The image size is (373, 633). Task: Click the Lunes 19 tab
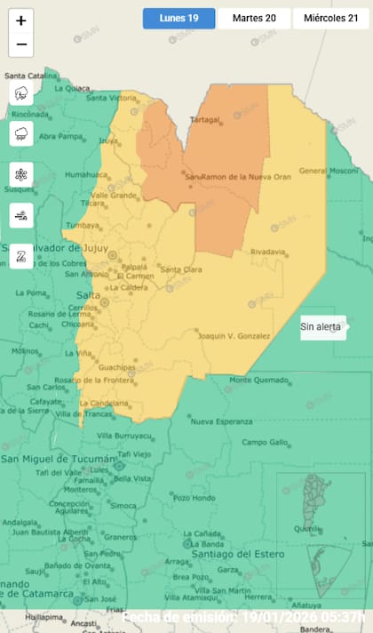(179, 18)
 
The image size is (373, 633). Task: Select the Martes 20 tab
(253, 18)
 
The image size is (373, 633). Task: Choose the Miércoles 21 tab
(329, 18)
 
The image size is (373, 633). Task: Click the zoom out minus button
(21, 44)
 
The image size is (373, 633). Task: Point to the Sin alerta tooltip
(321, 327)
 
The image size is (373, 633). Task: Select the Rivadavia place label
(268, 252)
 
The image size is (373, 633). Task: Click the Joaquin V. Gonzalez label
(233, 335)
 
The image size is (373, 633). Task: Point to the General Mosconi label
(327, 170)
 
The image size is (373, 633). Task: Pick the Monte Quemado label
(258, 381)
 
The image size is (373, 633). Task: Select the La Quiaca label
(72, 87)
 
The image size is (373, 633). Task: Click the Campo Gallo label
(266, 442)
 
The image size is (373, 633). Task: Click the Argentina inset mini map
(315, 534)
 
